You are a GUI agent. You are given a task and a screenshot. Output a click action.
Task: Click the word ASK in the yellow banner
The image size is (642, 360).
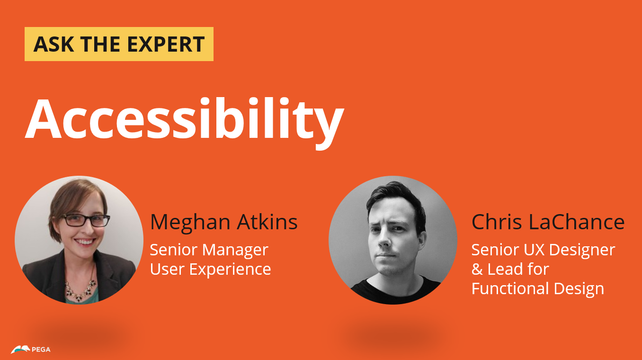point(53,44)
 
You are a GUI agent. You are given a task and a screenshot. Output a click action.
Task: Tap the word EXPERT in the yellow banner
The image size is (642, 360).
point(166,44)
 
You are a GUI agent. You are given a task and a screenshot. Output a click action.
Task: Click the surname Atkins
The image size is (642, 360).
point(267,222)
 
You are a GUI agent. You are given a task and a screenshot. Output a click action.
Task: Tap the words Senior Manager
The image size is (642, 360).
point(209,250)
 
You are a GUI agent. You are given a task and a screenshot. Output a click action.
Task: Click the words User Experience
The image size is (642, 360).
point(210,270)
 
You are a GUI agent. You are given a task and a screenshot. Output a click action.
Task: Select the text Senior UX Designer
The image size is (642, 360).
point(544,250)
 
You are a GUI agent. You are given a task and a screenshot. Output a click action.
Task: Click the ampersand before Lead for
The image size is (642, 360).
point(477,270)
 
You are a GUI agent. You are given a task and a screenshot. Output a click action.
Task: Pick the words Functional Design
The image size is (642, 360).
point(538,289)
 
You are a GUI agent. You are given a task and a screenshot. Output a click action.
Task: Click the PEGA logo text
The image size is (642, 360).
point(41,350)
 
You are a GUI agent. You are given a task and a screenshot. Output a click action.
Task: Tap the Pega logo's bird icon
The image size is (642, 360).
point(20,350)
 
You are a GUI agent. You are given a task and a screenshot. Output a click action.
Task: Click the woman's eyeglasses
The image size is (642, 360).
point(86,220)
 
